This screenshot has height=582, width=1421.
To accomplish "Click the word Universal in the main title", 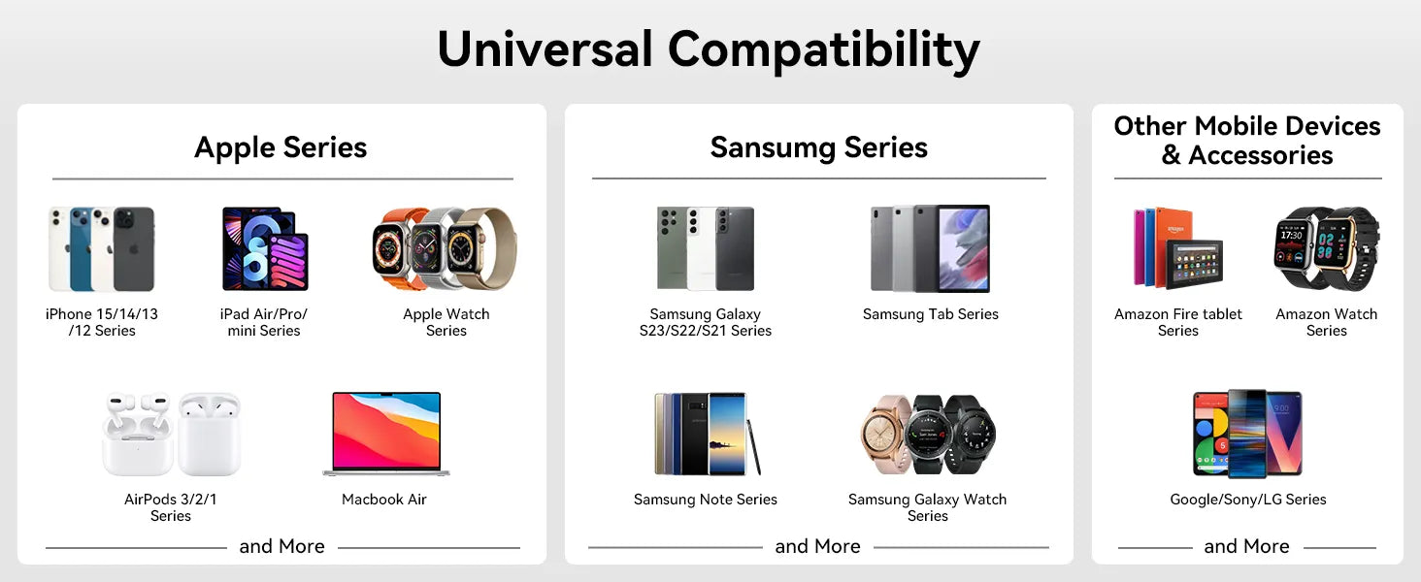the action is coord(545,49).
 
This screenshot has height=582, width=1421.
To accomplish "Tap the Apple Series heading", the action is coord(281,147).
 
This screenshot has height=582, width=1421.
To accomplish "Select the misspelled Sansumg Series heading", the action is coord(818,147).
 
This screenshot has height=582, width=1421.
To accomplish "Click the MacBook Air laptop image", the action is coord(385,434).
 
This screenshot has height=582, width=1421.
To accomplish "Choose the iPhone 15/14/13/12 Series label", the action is coord(102,322).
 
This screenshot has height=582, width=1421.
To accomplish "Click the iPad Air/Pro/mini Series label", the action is coord(264,322).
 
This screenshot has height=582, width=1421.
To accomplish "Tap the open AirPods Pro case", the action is coord(138,435).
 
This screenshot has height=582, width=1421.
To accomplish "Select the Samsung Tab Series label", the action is coord(930,314).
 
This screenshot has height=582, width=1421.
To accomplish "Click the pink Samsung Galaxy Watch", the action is coord(887,435).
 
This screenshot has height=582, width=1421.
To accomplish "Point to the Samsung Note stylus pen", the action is coord(753,447).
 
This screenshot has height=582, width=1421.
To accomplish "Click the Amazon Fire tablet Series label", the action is coord(1178,322).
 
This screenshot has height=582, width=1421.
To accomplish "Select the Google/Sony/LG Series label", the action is coord(1248,500).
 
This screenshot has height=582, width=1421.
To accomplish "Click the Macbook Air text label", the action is coord(383,500).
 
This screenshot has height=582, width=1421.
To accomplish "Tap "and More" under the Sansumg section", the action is coord(817,546).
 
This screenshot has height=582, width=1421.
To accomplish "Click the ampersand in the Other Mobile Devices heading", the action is coord(1171,155).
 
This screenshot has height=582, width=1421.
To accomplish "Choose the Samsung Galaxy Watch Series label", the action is coord(928,507).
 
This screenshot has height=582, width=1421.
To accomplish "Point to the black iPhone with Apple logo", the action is coord(134,249).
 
